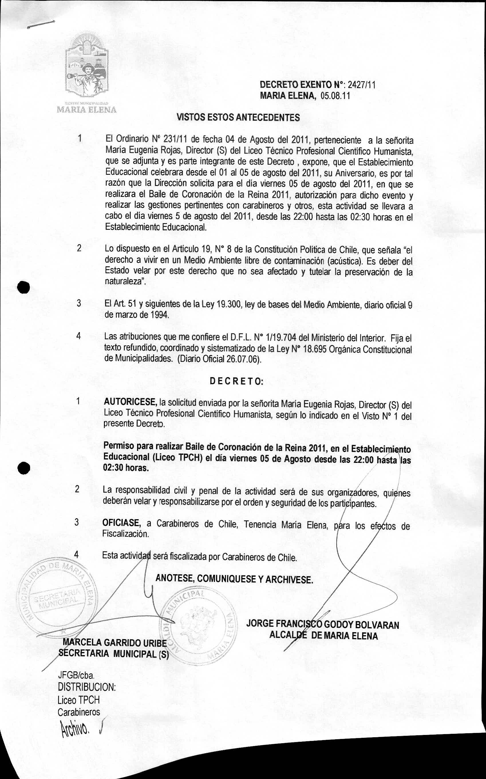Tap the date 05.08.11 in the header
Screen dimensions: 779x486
tap(337, 96)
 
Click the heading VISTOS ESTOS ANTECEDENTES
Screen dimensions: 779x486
tap(238, 117)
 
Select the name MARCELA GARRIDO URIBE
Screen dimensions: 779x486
tap(115, 643)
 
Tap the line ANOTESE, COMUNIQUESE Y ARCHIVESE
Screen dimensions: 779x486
tap(234, 579)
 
